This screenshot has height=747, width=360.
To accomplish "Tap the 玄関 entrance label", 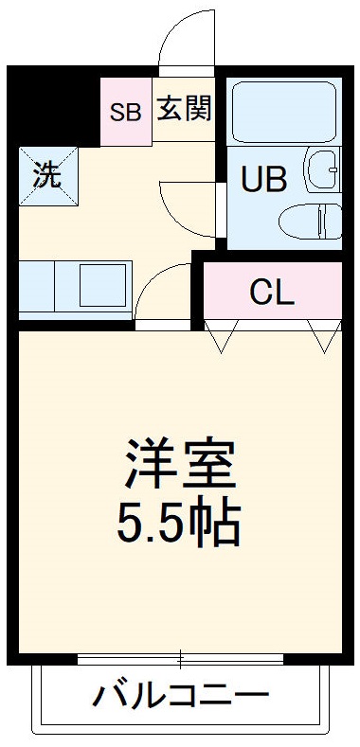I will pos(183,108).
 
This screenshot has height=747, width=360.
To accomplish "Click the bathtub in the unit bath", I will pos(285,111).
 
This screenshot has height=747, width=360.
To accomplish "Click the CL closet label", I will pos(271,293).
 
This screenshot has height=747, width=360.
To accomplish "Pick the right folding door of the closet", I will pos(323,335).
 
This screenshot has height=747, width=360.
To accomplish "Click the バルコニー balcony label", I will pos(180,699).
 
